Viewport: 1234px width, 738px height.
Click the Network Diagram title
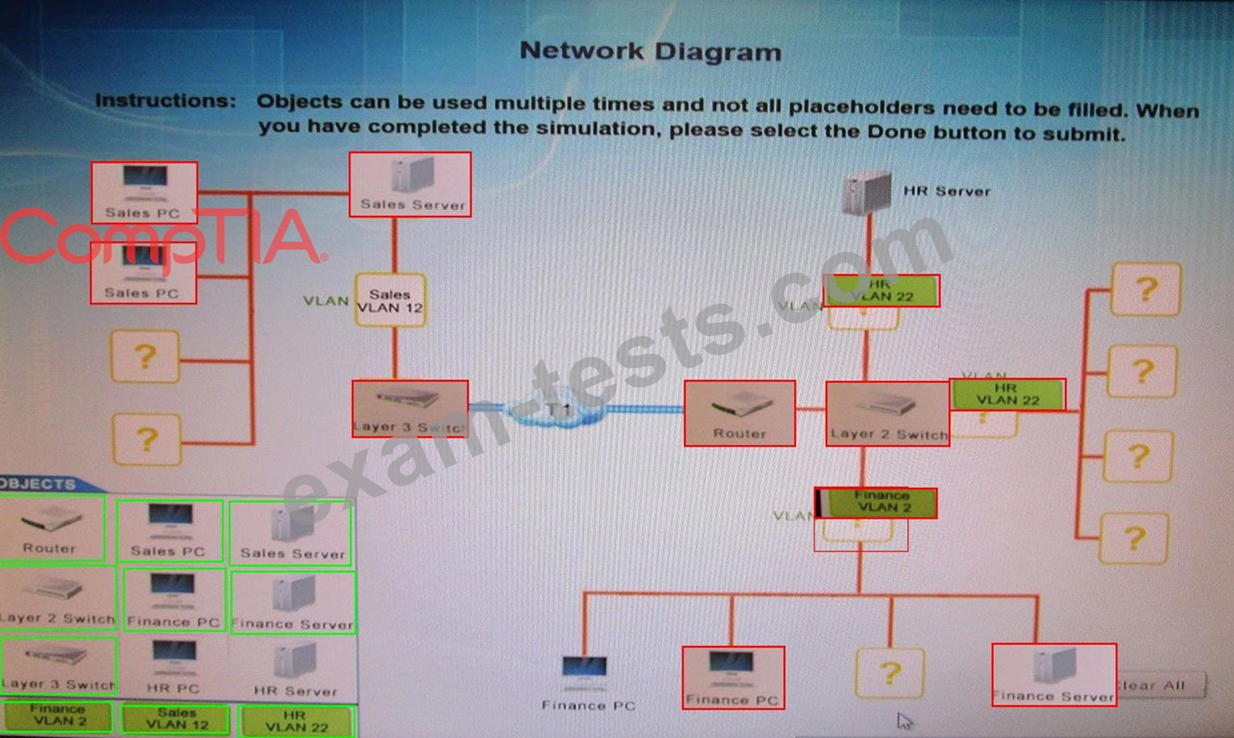(650, 51)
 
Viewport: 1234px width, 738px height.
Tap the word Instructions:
(165, 101)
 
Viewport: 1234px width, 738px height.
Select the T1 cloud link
(559, 410)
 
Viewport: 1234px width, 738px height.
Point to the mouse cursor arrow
(903, 720)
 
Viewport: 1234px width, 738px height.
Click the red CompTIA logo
(160, 237)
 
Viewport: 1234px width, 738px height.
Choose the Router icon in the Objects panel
(50, 529)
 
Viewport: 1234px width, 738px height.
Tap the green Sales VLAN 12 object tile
(177, 718)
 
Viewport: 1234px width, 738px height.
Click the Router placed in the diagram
(739, 413)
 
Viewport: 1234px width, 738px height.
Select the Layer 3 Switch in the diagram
(410, 408)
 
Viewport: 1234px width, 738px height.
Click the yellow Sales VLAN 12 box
(390, 300)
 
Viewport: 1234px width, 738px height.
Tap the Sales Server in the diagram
(411, 185)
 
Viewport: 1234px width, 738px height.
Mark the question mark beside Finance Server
(889, 673)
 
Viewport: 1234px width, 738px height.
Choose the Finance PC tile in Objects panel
(172, 601)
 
